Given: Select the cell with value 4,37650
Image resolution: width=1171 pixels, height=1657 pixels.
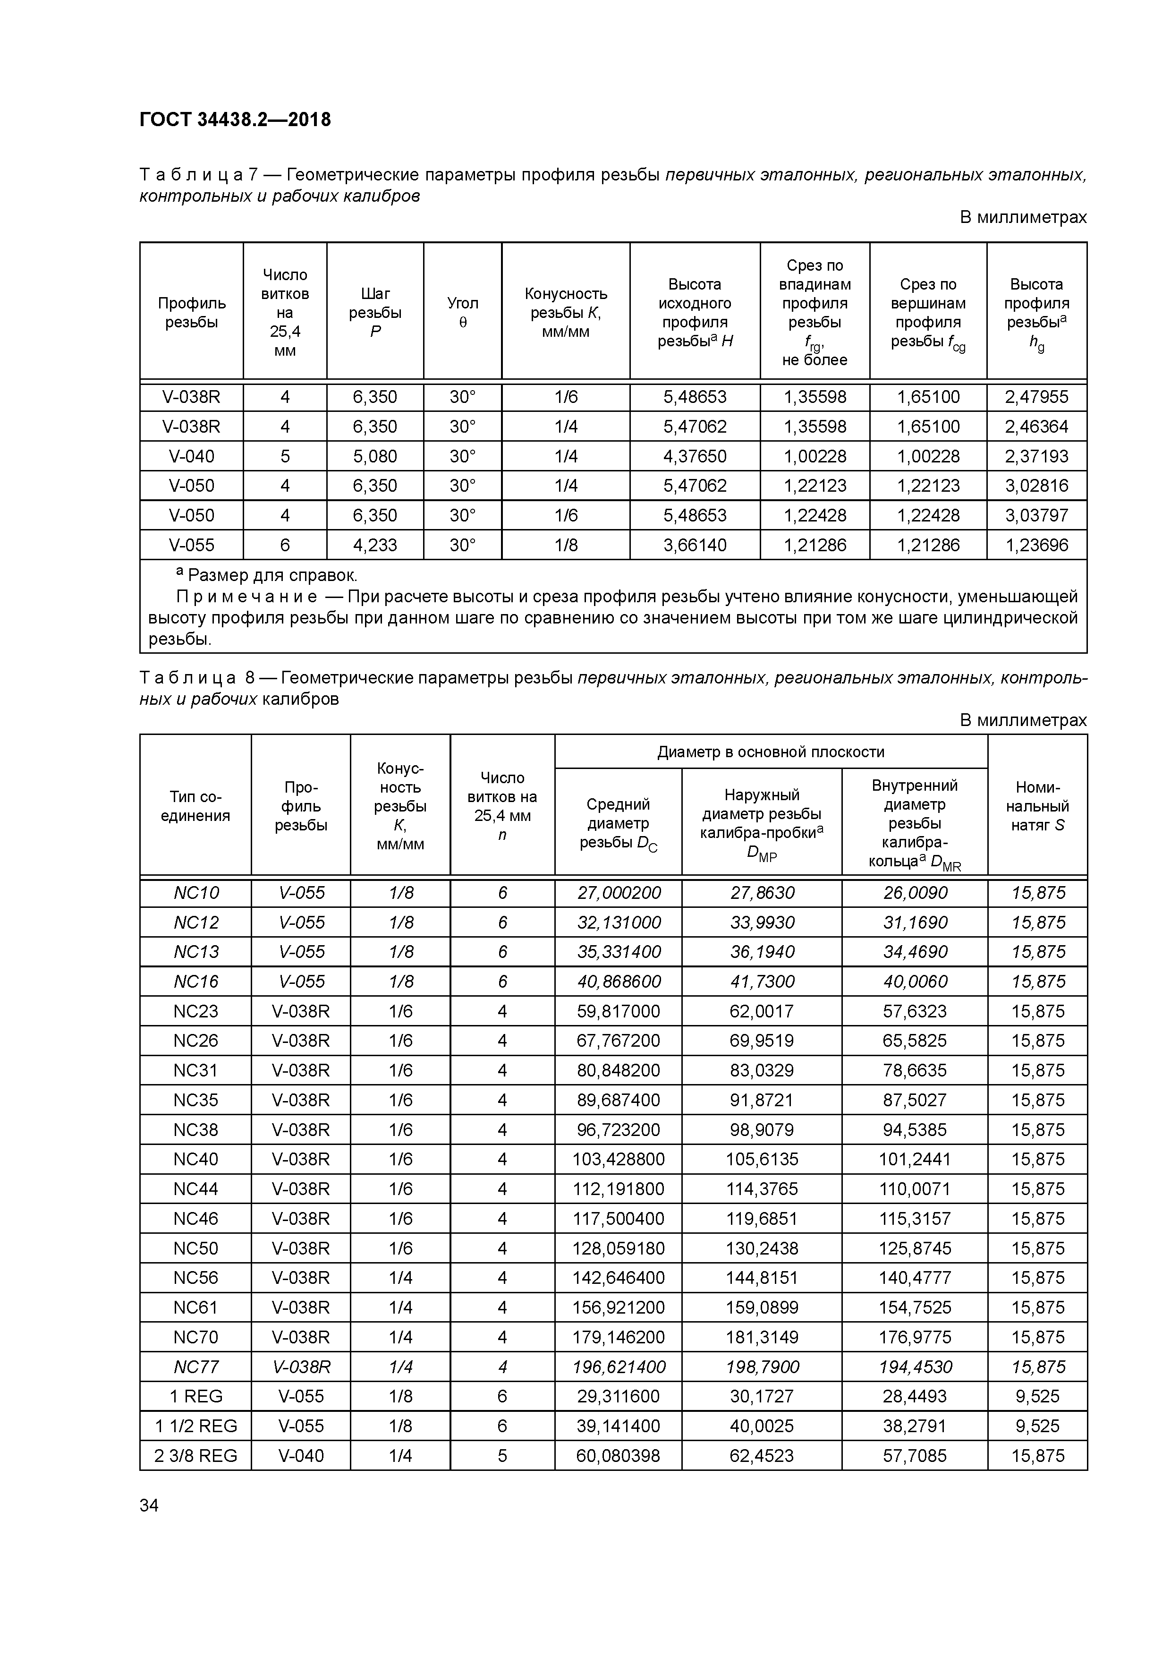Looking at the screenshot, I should [x=695, y=456].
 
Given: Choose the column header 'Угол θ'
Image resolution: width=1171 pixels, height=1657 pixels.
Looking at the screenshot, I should [x=462, y=313].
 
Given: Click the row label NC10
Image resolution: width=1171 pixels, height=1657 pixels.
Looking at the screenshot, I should [x=195, y=893].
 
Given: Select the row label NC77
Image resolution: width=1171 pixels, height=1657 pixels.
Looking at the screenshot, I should [x=195, y=1367].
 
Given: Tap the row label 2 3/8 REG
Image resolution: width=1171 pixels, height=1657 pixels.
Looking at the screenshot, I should [x=195, y=1456].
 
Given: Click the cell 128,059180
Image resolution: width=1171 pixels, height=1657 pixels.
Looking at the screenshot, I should [x=619, y=1248].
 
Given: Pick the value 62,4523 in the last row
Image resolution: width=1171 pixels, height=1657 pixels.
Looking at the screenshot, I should [x=762, y=1456].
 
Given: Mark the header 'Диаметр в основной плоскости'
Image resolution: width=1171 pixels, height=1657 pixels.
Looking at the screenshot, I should [x=771, y=752].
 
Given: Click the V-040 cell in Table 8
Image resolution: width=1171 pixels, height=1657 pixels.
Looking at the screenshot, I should [x=301, y=1456].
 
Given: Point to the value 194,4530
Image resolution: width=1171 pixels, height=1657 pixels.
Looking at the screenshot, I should [x=915, y=1367].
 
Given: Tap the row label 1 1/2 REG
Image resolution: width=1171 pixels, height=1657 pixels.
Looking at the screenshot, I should [x=195, y=1426].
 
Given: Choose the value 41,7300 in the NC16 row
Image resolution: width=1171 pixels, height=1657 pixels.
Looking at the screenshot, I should [x=762, y=982].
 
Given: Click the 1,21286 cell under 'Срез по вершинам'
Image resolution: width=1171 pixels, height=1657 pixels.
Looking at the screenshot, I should [x=928, y=545].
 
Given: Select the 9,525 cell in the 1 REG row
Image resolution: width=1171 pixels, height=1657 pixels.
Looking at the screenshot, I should [x=1037, y=1396].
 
